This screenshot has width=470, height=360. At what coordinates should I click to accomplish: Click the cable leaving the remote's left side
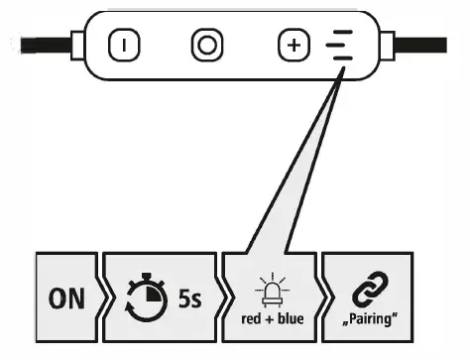40,45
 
